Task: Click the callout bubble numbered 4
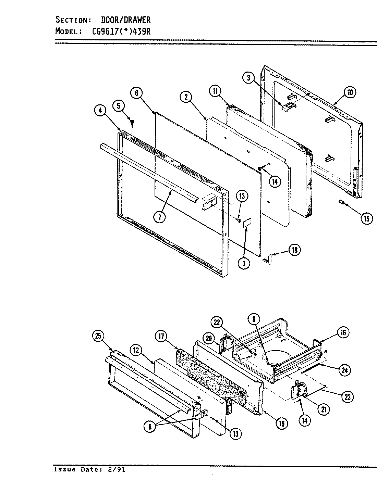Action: click(100, 111)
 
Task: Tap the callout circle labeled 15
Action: click(366, 218)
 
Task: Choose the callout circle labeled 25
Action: click(98, 336)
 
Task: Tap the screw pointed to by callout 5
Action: click(132, 122)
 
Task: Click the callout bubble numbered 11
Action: click(215, 91)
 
